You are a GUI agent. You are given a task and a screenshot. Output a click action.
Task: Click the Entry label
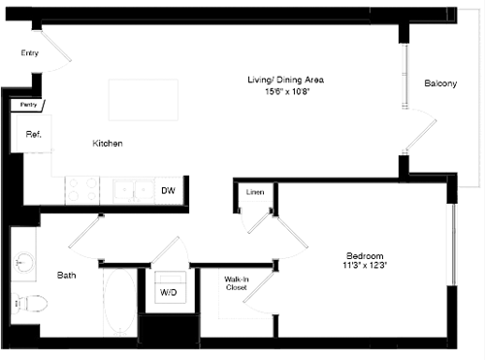(29, 53)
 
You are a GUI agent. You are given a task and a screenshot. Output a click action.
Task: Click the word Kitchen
(108, 144)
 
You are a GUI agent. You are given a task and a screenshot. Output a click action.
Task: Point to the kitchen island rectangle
(143, 100)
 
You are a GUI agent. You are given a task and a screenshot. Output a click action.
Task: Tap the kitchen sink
(132, 190)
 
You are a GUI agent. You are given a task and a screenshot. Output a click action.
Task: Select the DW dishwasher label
(168, 191)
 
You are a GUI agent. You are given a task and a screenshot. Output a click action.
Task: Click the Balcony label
(440, 83)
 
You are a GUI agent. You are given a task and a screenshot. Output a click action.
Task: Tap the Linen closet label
(255, 191)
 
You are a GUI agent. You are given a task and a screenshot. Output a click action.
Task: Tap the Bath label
(66, 276)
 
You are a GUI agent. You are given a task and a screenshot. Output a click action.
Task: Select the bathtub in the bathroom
(119, 302)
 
